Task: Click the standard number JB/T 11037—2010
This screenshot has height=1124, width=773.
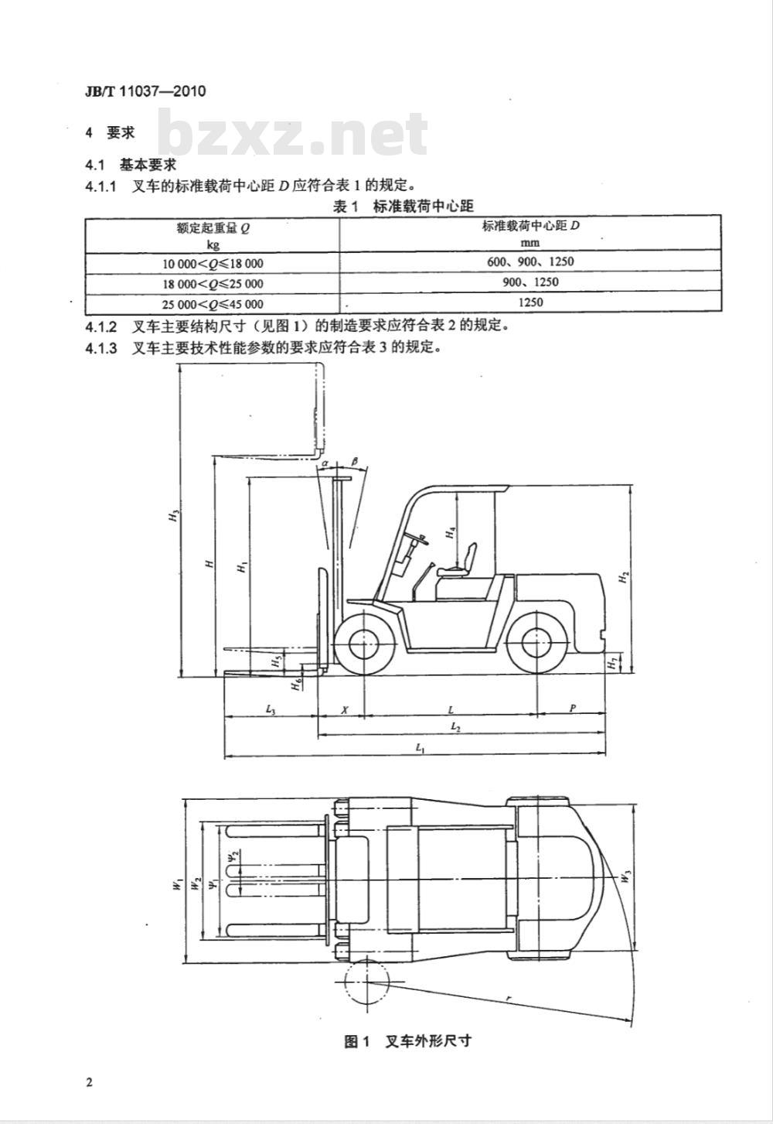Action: [145, 91]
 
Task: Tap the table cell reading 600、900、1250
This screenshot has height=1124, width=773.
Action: [530, 262]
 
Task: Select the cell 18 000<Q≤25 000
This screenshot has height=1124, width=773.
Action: [213, 284]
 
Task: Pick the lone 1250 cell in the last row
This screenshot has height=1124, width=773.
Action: [530, 302]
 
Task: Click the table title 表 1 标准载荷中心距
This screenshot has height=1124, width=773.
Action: [404, 207]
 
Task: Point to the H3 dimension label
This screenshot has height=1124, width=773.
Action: [174, 515]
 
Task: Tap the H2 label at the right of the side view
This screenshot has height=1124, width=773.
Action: [623, 577]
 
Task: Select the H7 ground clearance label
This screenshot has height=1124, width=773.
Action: [612, 664]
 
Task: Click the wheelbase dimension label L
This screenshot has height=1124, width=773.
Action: [451, 709]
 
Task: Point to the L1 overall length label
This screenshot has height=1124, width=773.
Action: [420, 748]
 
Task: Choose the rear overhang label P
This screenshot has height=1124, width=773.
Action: [573, 709]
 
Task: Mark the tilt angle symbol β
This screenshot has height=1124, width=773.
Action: [355, 460]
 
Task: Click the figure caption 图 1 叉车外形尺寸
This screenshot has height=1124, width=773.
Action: [407, 1041]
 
